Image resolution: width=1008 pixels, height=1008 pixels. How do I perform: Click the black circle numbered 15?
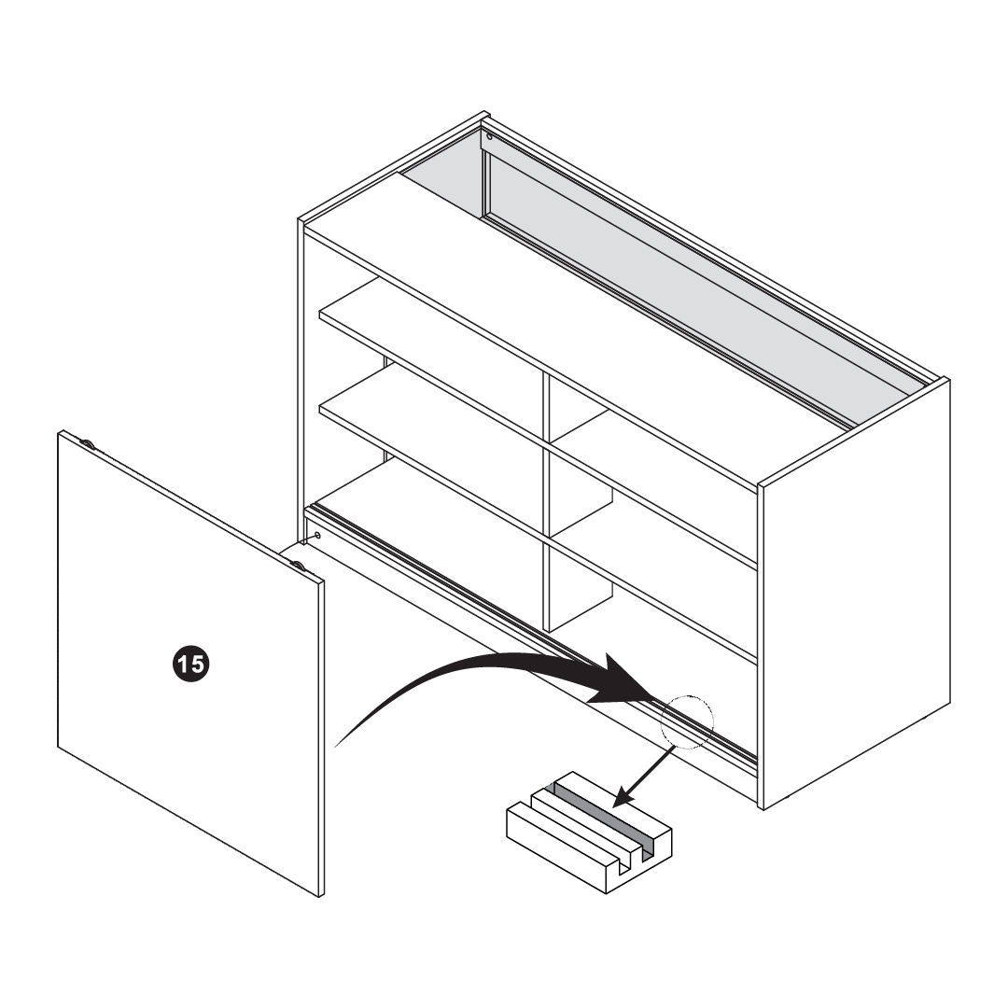coord(191,664)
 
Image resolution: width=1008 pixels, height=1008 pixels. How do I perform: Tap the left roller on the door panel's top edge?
coord(88,443)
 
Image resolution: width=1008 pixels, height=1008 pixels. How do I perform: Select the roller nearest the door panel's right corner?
coord(299,565)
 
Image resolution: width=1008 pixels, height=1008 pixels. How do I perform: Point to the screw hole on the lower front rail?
coord(317,535)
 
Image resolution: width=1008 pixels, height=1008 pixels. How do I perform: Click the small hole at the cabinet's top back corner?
coord(490,136)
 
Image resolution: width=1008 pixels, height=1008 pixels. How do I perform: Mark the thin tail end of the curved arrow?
coord(337,747)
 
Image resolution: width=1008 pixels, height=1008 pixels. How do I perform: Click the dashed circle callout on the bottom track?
coord(688,721)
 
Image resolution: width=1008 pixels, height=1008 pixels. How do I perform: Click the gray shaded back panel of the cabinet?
coord(675,283)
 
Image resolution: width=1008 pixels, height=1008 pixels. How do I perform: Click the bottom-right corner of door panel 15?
coord(320,896)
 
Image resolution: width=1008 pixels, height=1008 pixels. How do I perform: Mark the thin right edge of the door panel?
coord(321,738)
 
